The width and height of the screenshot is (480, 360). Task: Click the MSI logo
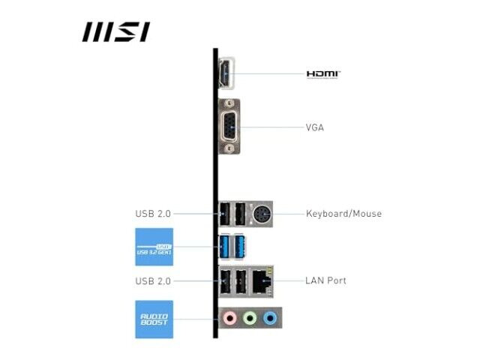pyautogui.click(x=116, y=31)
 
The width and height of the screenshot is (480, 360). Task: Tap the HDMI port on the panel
pyautogui.click(x=226, y=73)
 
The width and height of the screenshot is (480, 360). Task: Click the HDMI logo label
pyautogui.click(x=323, y=74)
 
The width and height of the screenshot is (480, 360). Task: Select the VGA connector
pyautogui.click(x=229, y=127)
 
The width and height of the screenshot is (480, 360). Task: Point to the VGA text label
pyautogui.click(x=315, y=127)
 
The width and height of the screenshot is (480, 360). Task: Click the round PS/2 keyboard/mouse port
pyautogui.click(x=262, y=214)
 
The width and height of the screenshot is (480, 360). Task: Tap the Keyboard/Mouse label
pyautogui.click(x=343, y=213)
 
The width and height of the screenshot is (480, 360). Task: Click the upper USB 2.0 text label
pyautogui.click(x=153, y=214)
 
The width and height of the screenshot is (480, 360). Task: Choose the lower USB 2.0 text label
pyautogui.click(x=153, y=281)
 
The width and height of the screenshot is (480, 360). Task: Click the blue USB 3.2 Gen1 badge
pyautogui.click(x=154, y=247)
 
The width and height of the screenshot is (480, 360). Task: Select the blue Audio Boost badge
pyautogui.click(x=154, y=319)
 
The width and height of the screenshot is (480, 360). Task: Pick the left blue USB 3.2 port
pyautogui.click(x=225, y=247)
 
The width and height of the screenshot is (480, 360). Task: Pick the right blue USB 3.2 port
pyautogui.click(x=239, y=247)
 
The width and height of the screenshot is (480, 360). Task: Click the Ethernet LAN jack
pyautogui.click(x=262, y=282)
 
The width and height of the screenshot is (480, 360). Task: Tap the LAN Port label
pyautogui.click(x=325, y=280)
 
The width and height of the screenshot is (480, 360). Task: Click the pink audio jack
pyautogui.click(x=230, y=318)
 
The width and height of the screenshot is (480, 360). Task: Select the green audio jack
pyautogui.click(x=250, y=318)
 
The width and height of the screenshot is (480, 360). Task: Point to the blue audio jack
pyautogui.click(x=270, y=318)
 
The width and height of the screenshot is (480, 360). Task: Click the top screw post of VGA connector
pyautogui.click(x=228, y=104)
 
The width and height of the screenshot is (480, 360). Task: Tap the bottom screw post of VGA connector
pyautogui.click(x=229, y=148)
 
